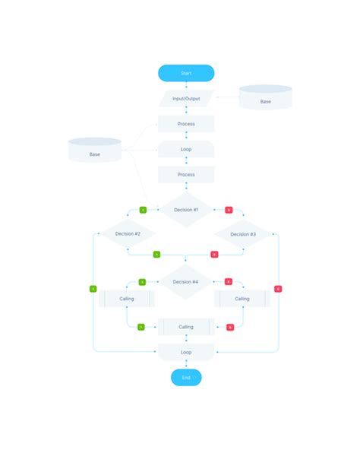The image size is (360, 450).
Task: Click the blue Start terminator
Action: coord(186,73)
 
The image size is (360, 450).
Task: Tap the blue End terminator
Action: coord(186,377)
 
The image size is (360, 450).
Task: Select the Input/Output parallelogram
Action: coord(186,99)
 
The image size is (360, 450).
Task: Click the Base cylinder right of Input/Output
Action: coord(265,99)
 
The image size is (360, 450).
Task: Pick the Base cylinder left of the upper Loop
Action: coord(95,151)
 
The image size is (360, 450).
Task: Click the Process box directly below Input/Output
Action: coord(186,124)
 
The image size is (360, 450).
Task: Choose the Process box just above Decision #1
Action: coord(186,175)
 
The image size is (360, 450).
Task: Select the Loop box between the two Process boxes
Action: coord(186,149)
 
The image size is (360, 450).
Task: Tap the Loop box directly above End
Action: coord(186,352)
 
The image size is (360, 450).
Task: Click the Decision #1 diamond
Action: coord(186,210)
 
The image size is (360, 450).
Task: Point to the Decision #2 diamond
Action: coord(128,234)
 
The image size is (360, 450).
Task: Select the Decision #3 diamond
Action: coord(242,234)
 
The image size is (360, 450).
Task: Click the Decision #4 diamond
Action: coord(186,282)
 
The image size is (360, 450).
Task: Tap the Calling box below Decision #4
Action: coord(186,327)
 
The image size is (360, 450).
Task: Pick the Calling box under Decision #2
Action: coord(127,299)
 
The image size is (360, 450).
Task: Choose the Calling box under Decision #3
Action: coord(242,299)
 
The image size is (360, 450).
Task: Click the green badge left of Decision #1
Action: coord(143,210)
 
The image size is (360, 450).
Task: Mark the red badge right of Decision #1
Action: coord(229,210)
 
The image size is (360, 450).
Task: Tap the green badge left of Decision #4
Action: coord(141,282)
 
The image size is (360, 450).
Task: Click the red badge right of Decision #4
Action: coord(229,282)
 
